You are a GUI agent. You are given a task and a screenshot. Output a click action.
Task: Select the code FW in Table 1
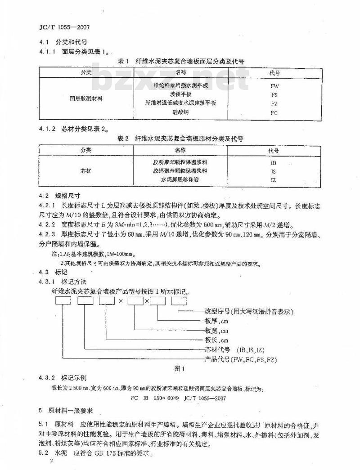[274, 85]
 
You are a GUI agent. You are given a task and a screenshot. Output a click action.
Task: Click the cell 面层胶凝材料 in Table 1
[86, 98]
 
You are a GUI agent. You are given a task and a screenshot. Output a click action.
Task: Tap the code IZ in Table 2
[274, 180]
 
